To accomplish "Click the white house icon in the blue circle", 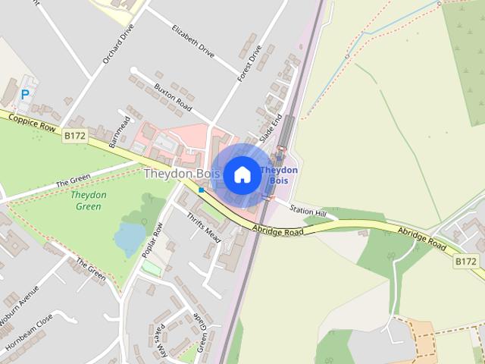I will (x=242, y=175).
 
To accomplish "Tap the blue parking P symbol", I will (x=25, y=95).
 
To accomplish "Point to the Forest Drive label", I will (x=249, y=63).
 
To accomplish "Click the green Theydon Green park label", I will (x=89, y=200).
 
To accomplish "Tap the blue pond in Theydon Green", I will (x=128, y=240).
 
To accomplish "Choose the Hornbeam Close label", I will (x=28, y=334).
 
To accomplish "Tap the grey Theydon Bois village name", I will (x=182, y=174).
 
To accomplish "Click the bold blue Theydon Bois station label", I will (x=279, y=175).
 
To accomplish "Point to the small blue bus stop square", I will (x=201, y=190).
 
